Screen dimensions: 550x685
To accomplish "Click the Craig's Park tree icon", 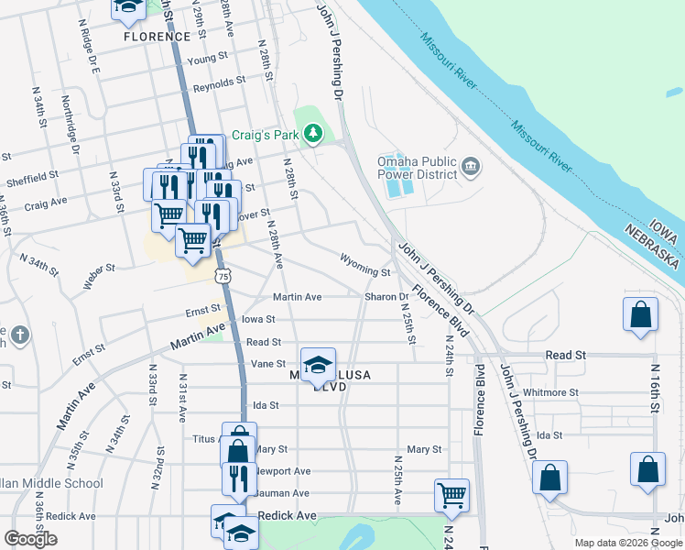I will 314,135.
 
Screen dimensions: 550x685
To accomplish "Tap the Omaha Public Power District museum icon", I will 470,166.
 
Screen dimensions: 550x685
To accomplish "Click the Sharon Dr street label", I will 387,297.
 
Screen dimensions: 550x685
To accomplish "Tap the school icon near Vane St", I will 318,365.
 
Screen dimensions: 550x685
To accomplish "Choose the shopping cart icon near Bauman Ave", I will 451,495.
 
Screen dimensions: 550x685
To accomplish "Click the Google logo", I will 30,539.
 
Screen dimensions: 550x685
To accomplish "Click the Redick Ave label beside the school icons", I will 287,516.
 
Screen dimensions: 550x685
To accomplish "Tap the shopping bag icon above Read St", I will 641,314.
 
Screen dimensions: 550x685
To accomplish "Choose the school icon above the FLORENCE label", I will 128,9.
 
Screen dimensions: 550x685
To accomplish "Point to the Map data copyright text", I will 628,543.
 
